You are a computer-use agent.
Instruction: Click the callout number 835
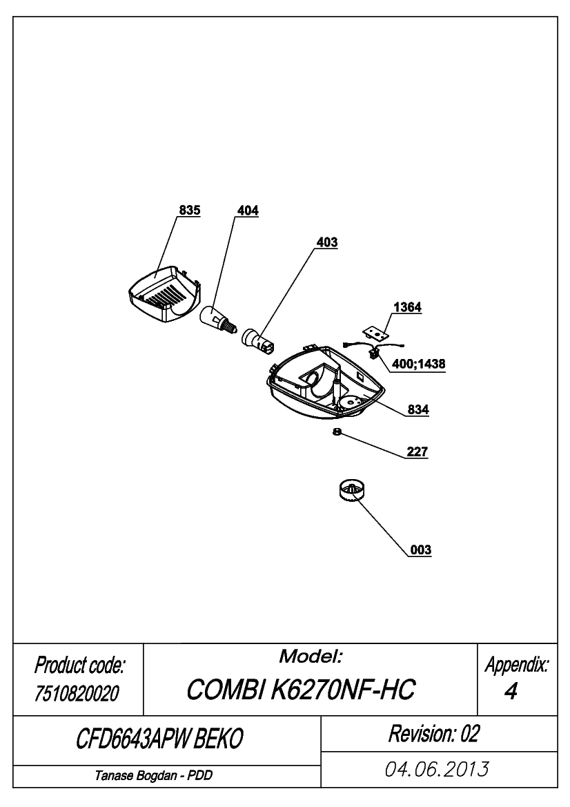pos(189,210)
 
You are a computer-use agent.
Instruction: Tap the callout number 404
pos(248,210)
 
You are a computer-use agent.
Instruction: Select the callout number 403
pos(326,242)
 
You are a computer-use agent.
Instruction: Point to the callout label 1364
pos(407,307)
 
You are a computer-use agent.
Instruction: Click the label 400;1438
pos(419,364)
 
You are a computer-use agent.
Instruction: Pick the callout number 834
pos(418,409)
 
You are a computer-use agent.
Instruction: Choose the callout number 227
pos(417,451)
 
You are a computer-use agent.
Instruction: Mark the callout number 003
pos(420,550)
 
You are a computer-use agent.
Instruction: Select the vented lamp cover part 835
pos(163,295)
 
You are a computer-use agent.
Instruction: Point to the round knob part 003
pos(352,489)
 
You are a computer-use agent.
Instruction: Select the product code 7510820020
pos(77,694)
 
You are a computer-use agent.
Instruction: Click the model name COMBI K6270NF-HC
pos(300,689)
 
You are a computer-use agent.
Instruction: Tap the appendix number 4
pos(511,691)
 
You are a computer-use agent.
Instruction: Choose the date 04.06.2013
pos(437,770)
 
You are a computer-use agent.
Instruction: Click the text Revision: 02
pos(433,733)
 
